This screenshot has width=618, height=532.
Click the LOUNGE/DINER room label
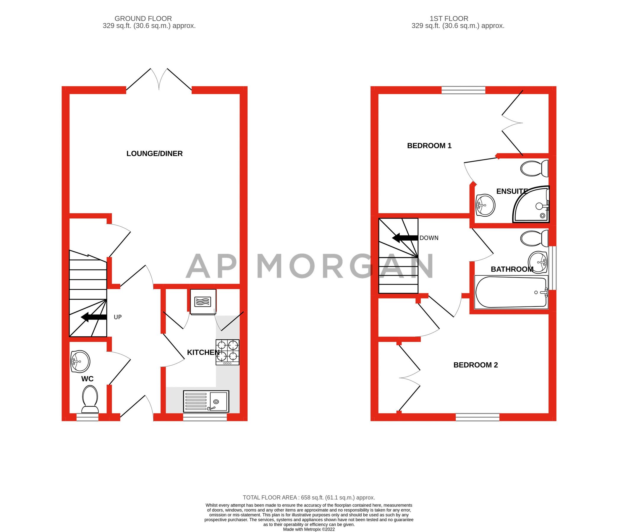[154, 154]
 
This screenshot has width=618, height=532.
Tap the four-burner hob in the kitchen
[228, 352]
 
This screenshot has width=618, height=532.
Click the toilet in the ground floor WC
[90, 399]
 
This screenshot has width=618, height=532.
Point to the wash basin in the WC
[80, 361]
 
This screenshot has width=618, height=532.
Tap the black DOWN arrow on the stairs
[405, 238]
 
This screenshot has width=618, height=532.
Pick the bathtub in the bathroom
[511, 292]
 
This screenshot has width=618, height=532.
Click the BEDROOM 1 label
[429, 146]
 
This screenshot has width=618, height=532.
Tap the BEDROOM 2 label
[475, 365]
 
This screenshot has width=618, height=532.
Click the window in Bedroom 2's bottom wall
[477, 417]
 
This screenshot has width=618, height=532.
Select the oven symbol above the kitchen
[203, 302]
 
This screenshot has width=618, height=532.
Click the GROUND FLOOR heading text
[143, 19]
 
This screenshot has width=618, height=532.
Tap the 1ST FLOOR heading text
[449, 19]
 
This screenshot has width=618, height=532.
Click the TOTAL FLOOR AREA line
[309, 497]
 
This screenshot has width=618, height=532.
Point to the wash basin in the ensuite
[485, 205]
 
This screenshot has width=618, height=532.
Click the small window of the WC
[88, 417]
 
